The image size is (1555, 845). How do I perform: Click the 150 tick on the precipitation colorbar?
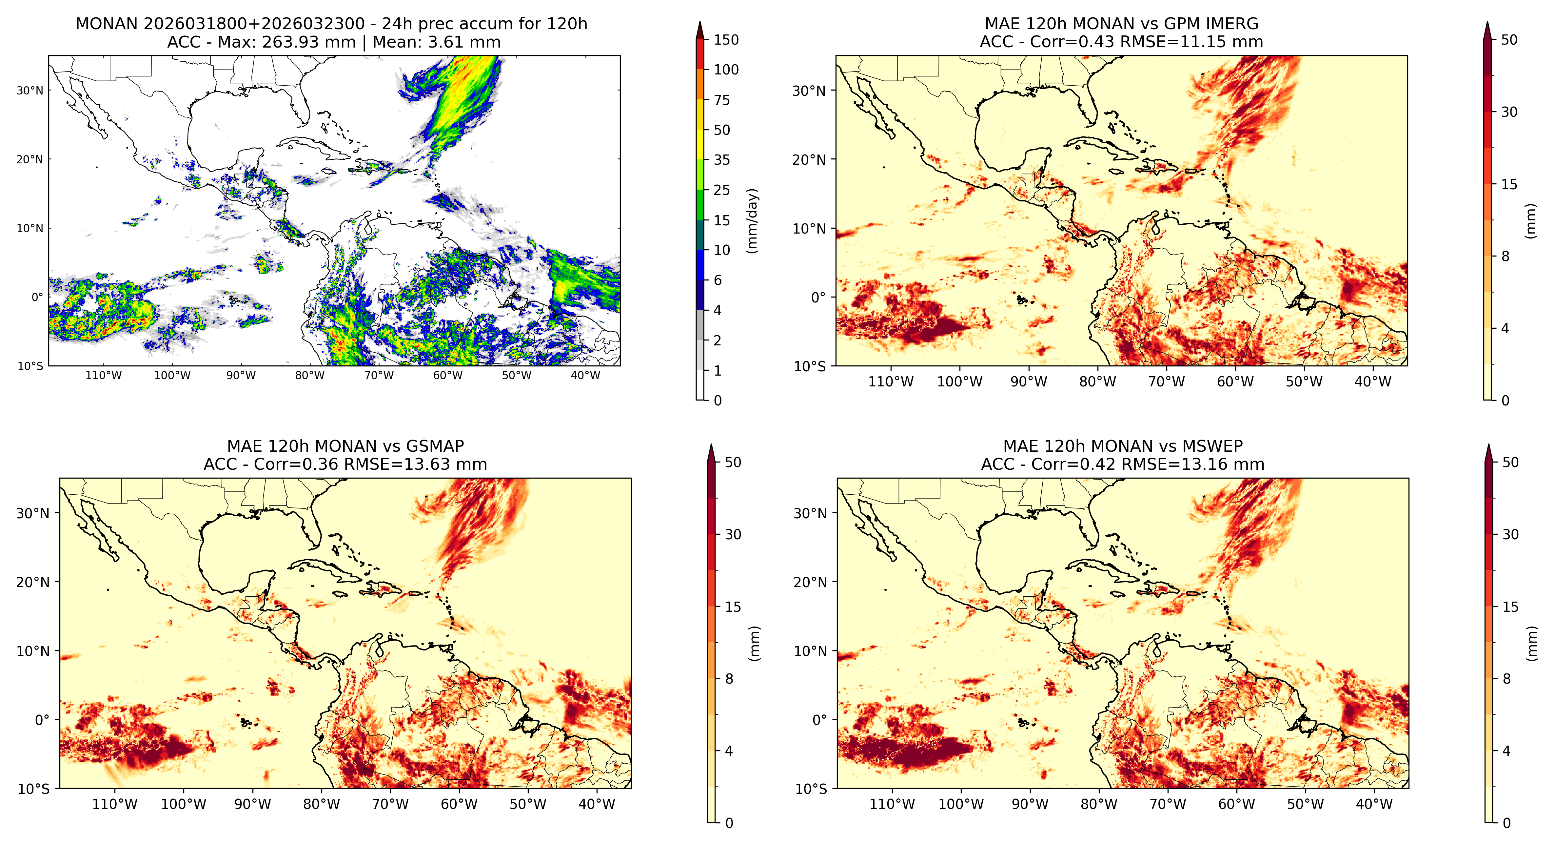coord(726,40)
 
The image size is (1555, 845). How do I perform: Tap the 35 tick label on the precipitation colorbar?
coord(722,160)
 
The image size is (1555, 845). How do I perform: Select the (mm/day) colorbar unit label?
coord(752,220)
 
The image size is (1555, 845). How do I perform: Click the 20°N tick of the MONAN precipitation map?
coord(30,159)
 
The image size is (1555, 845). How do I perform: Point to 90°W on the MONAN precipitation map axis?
coord(241,375)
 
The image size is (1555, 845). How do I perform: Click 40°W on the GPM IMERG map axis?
coord(1373,382)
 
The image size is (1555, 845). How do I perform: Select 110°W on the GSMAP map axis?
coord(115,804)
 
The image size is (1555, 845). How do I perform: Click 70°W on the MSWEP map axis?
coord(1168,804)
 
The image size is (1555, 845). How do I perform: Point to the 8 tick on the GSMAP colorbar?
coord(729,679)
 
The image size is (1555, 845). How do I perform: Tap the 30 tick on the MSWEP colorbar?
coord(1510,535)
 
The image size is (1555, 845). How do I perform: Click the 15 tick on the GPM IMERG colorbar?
coord(1509,184)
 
